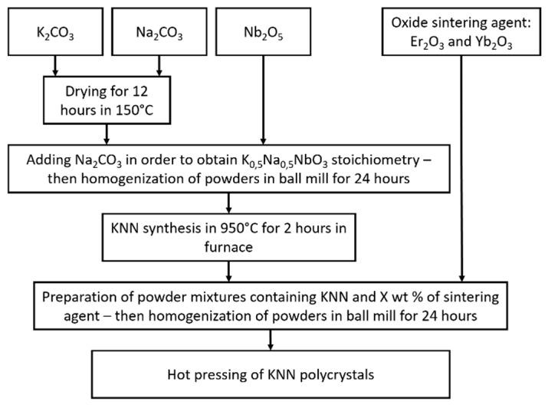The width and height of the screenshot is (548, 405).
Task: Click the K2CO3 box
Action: [x=55, y=35]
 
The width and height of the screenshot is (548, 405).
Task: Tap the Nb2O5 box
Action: [x=264, y=35]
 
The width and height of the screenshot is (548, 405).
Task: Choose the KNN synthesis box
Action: [x=228, y=239]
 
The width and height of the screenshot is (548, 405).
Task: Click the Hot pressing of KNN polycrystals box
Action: [x=271, y=376]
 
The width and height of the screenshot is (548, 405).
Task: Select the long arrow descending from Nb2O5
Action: [x=264, y=100]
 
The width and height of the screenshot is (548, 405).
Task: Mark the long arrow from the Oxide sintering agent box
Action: [x=461, y=169]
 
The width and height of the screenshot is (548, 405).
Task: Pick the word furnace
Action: [x=228, y=248]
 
